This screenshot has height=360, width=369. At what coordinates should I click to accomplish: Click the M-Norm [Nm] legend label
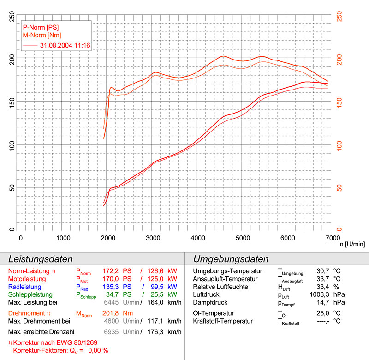coord(42,35)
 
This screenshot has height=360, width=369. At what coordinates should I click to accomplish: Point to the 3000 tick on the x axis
coord(153,238)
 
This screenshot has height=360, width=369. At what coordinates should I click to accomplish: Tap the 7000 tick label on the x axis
coord(331,238)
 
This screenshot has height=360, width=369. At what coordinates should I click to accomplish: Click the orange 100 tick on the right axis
coord(339,145)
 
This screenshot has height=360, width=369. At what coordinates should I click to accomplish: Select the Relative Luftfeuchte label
coord(221,287)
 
